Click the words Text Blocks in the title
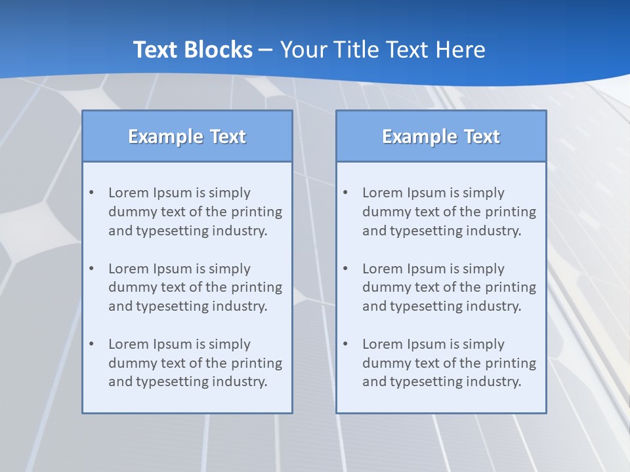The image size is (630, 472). tap(193, 50)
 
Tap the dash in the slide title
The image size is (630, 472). tap(266, 50)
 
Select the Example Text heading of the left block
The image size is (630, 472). tap(187, 136)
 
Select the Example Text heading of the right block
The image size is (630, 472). tap(441, 136)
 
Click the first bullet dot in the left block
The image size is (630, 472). tap(91, 193)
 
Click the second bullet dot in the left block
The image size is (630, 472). tap(91, 269)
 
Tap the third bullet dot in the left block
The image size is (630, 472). tap(91, 344)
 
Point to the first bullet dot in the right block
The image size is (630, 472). tap(345, 193)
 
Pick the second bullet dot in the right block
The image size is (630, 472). tap(345, 269)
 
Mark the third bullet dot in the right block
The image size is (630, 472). tap(345, 344)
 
